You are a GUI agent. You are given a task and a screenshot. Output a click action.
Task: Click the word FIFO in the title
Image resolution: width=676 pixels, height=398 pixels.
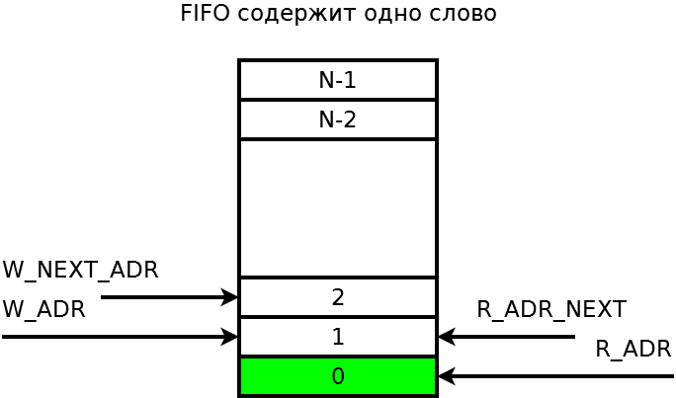pyautogui.click(x=204, y=14)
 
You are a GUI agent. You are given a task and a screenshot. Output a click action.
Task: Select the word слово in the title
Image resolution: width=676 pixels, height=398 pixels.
pyautogui.click(x=465, y=14)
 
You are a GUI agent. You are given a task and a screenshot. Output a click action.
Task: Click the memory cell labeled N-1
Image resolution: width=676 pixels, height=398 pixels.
pyautogui.click(x=337, y=80)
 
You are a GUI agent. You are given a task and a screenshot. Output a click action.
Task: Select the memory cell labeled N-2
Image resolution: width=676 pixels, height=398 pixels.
pyautogui.click(x=337, y=119)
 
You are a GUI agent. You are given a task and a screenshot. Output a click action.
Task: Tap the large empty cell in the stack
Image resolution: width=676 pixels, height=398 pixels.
pyautogui.click(x=337, y=208)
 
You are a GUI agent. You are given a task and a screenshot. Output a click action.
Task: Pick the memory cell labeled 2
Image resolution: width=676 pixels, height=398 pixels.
pyautogui.click(x=337, y=297)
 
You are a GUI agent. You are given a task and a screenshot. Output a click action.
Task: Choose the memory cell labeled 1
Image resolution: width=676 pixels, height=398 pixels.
pyautogui.click(x=337, y=337)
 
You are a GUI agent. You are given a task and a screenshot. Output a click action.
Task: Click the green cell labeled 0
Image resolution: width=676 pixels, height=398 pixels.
pyautogui.click(x=337, y=376)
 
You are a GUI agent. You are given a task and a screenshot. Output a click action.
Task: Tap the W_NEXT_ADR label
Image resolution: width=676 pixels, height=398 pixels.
pyautogui.click(x=80, y=270)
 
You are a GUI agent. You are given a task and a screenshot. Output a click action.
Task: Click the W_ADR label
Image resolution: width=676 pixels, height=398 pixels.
pyautogui.click(x=44, y=309)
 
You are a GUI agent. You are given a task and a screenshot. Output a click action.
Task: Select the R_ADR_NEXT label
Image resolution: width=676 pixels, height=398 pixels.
pyautogui.click(x=550, y=309)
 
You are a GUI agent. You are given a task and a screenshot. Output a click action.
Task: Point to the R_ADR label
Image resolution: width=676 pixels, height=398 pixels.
pyautogui.click(x=633, y=349)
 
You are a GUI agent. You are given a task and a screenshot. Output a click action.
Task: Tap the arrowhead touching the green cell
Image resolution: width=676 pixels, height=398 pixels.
pyautogui.click(x=445, y=376)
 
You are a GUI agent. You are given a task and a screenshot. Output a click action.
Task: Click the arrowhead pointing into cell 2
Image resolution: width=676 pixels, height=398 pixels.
pyautogui.click(x=231, y=297)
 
